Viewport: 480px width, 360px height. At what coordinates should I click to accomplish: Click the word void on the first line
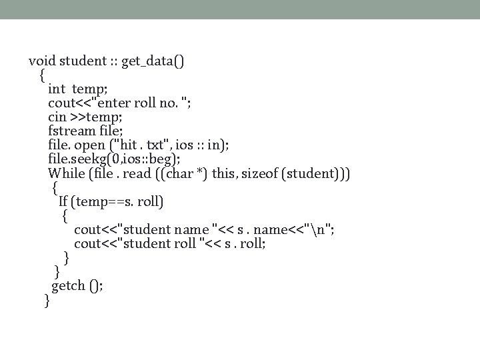coord(42,61)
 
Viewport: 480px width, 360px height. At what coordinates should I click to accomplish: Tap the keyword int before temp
coord(57,89)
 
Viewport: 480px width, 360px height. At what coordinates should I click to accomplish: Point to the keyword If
coord(63,201)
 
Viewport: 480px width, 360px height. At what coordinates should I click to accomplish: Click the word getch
coord(69,285)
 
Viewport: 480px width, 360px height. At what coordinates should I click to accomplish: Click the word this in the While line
coord(225,173)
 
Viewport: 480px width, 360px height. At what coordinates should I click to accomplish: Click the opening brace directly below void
coord(43,75)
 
